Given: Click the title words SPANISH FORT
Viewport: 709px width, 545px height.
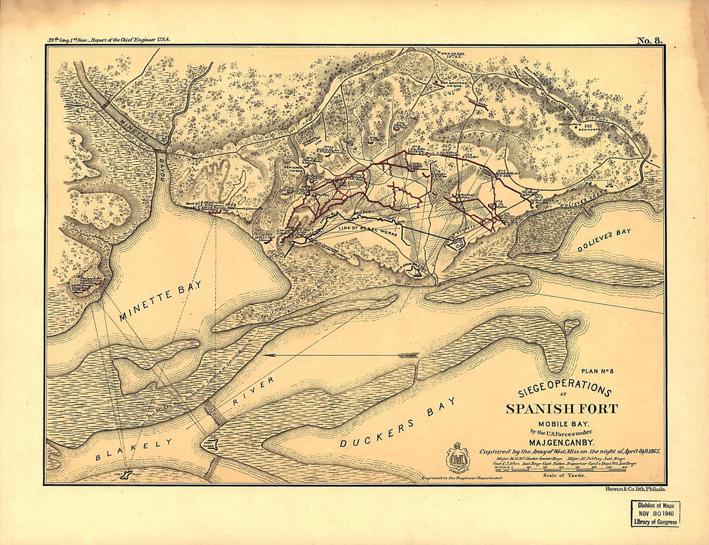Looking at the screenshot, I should pos(561,408).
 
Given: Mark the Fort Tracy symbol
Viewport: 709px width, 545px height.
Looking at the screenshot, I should pos(127,475).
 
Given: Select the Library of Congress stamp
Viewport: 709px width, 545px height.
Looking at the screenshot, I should pos(655,513).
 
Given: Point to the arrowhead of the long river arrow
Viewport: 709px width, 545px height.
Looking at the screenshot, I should pos(266,355).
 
